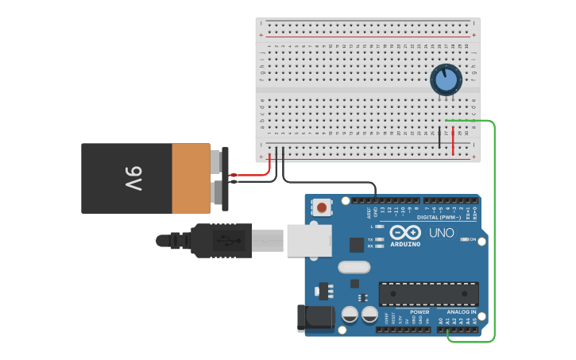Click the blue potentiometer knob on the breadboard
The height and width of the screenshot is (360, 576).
coord(446,79)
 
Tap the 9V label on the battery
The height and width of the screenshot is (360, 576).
coord(133,178)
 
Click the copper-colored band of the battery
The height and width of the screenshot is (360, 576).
coord(191,178)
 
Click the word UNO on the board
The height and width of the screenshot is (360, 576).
coord(442,233)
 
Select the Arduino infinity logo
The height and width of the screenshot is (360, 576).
coord(405,233)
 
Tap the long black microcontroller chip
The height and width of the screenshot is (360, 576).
coord(428,293)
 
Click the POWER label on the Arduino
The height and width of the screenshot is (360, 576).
coord(419,312)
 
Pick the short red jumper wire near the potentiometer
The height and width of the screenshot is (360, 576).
coord(453,141)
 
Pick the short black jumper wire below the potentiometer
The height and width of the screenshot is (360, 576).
coord(439,137)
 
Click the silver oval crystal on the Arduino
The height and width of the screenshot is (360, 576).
coord(354,267)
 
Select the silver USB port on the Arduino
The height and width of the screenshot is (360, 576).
coord(309,239)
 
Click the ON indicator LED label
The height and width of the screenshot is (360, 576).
coord(473,239)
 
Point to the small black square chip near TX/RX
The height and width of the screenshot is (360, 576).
coord(357,245)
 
